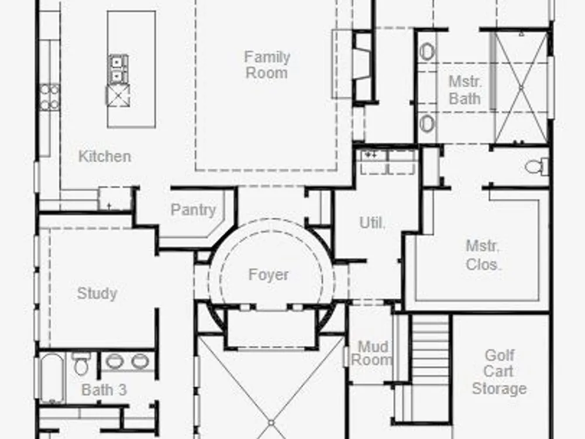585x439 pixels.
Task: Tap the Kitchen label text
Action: (105, 156)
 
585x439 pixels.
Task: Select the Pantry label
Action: (193, 210)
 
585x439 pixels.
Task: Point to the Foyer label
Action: (269, 275)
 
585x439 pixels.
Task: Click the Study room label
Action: (97, 293)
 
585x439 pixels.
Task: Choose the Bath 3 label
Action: (104, 390)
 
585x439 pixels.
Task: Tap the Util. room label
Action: (372, 222)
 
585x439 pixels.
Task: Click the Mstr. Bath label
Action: (465, 90)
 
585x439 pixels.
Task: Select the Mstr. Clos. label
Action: (484, 255)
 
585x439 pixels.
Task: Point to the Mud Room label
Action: (372, 353)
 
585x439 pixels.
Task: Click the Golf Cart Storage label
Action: (499, 372)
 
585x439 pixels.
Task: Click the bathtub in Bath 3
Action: (52, 378)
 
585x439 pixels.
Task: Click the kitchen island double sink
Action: (118, 68)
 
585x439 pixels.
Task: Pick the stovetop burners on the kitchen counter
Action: (50, 97)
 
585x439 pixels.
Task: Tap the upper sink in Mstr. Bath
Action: (427, 52)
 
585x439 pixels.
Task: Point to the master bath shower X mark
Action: (521, 87)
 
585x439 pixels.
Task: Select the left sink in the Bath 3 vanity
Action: (114, 361)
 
